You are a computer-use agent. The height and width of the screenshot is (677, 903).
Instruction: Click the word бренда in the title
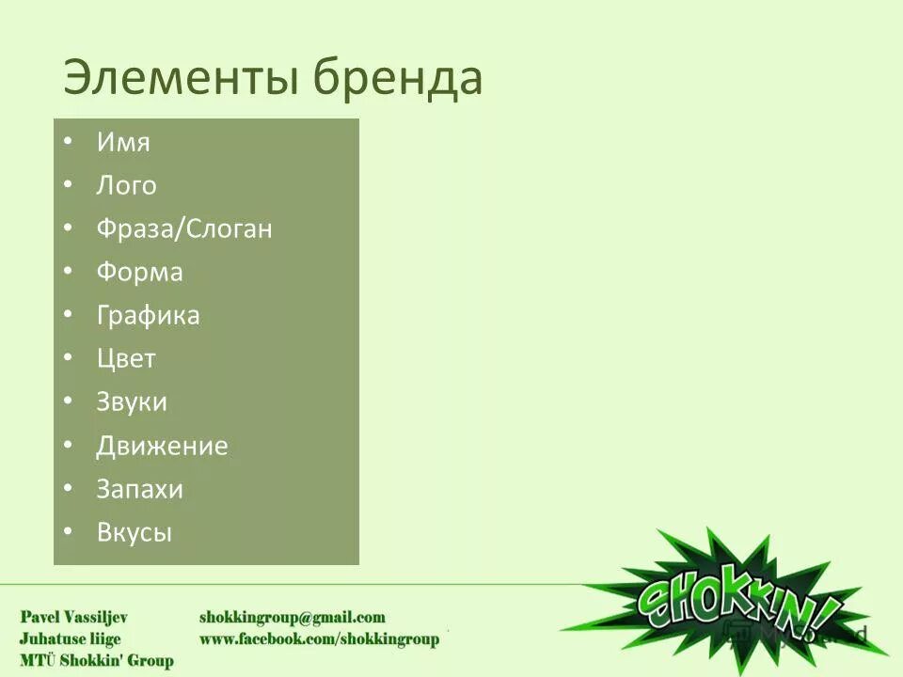pos(399,77)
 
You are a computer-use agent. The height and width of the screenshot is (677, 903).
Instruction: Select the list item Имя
pos(123,143)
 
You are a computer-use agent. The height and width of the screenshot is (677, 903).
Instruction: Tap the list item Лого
pos(126,186)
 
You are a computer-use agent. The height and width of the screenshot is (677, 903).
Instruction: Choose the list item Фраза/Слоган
pos(184,229)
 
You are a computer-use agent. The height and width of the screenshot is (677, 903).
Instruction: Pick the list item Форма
pos(139,273)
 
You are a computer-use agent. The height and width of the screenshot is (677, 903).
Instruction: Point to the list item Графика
pos(148,316)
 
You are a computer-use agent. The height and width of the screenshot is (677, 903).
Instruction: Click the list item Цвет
pos(126,359)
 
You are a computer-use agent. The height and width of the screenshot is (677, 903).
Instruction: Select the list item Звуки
pos(132,402)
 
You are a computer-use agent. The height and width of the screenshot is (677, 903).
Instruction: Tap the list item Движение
pos(162,446)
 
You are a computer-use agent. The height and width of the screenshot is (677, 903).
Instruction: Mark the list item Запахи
pos(139,489)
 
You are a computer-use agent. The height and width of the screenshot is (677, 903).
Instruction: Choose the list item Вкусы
pos(135,533)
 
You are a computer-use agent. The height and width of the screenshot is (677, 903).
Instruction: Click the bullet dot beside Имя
pos(69,142)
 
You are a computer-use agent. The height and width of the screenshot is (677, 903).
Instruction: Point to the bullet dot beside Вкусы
pos(69,532)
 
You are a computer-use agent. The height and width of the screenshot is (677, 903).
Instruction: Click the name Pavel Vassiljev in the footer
pos(74,618)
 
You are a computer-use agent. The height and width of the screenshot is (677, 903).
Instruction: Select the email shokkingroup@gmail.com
pos(292,618)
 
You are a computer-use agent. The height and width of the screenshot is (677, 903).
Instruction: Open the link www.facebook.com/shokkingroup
pos(319,639)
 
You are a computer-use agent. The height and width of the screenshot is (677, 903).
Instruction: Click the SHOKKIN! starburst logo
pos(734,602)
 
